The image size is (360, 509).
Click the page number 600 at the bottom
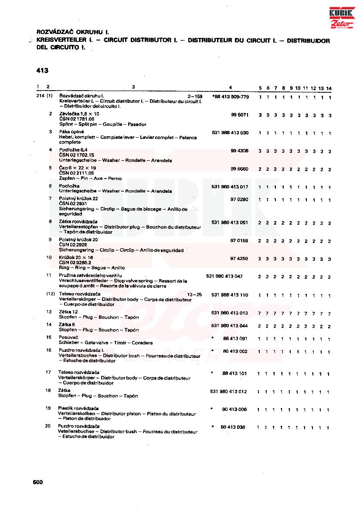coord(37,482)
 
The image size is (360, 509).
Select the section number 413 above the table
coord(42,71)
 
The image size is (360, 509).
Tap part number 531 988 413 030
coord(230,133)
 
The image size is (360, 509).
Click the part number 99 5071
coord(239,115)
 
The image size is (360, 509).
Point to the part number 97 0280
coord(239,199)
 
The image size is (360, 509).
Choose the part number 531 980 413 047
coord(224,276)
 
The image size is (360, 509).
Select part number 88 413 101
coord(234,373)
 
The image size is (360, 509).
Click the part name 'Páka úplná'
coord(71,131)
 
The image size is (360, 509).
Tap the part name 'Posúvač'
coord(68,337)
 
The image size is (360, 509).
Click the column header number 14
coord(329,88)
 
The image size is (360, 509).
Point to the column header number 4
coord(230,87)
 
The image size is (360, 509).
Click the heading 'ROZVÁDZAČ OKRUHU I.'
coord(72,32)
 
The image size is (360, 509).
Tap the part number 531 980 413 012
coord(228,392)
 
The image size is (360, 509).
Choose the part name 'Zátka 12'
coord(68,312)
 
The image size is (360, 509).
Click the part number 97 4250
coord(239,259)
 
